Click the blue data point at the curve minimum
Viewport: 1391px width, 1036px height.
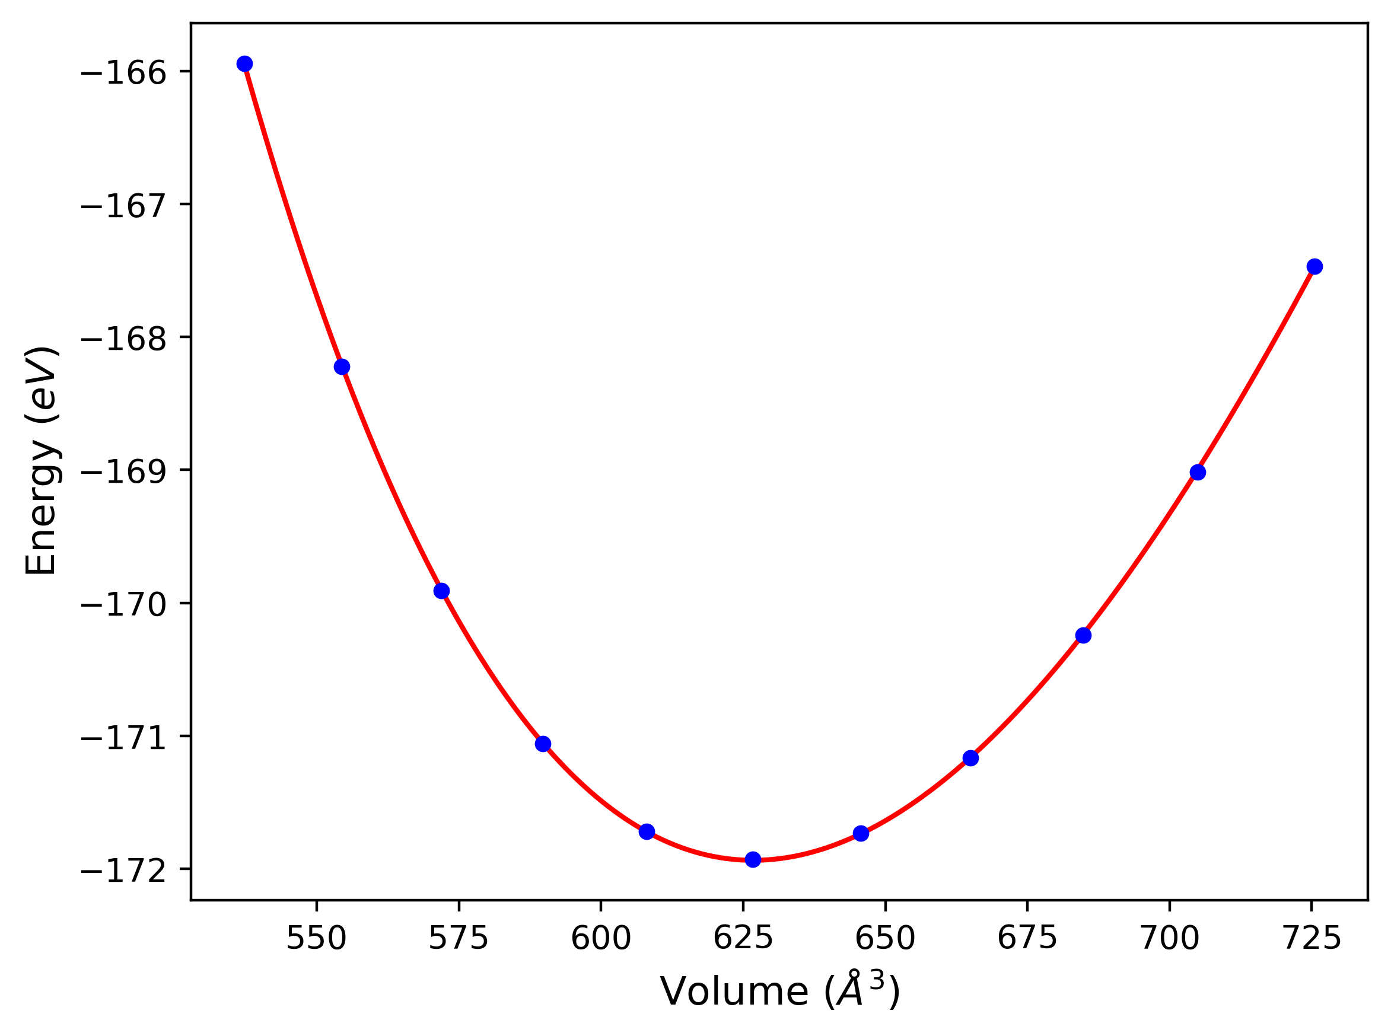(x=753, y=859)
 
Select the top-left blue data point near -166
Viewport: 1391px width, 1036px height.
(x=244, y=64)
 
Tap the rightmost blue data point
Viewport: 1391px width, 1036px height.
(x=1314, y=266)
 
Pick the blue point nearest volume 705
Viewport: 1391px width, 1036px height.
(x=1198, y=472)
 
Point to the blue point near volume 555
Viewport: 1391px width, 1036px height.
(x=342, y=367)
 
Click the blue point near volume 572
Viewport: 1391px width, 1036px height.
(x=441, y=591)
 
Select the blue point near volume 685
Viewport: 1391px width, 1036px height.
(x=1083, y=635)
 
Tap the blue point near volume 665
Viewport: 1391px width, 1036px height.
(x=971, y=758)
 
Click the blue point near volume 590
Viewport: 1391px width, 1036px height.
(x=543, y=744)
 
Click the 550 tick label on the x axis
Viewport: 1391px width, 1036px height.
(x=316, y=939)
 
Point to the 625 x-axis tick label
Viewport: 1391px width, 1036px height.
(x=743, y=939)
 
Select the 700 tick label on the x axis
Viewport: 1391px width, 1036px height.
(x=1170, y=939)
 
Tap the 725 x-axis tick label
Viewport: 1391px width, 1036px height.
(x=1312, y=939)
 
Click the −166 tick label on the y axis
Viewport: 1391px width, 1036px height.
(x=124, y=73)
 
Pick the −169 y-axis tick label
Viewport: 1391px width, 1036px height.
(x=124, y=471)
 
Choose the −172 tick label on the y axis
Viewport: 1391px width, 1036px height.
(x=124, y=871)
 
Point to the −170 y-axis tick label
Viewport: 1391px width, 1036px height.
(x=124, y=605)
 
